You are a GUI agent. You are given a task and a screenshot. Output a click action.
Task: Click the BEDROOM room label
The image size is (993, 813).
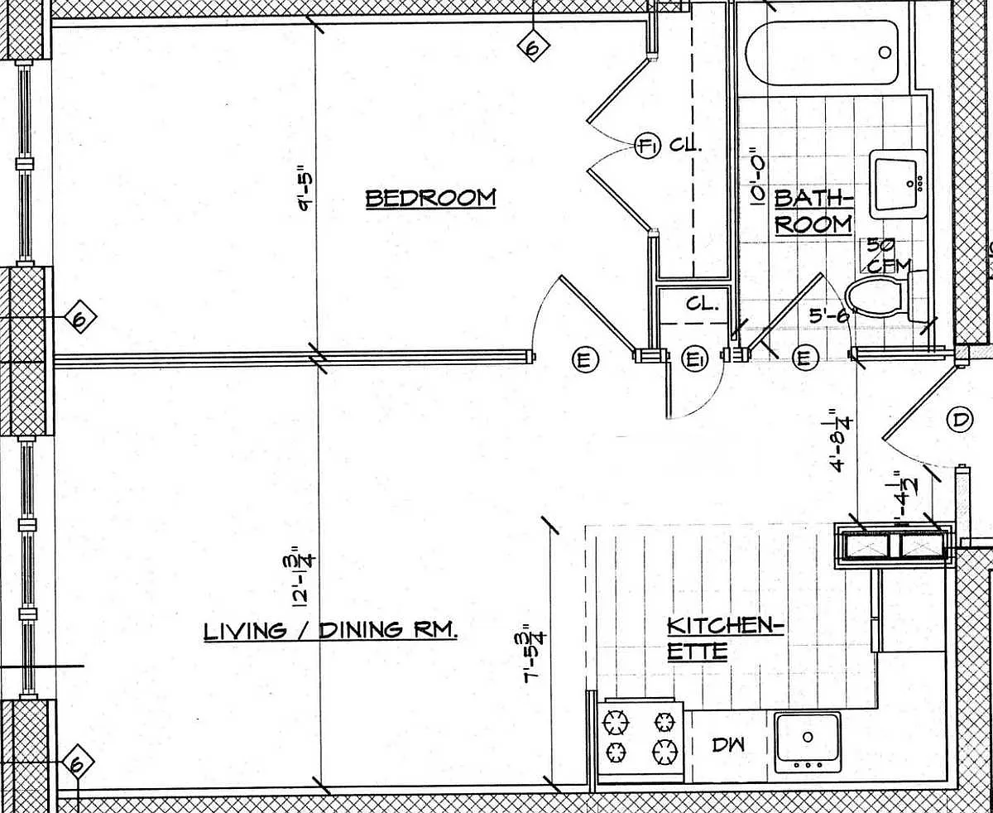click(430, 199)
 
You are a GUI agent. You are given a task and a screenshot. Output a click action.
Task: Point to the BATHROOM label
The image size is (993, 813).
click(813, 211)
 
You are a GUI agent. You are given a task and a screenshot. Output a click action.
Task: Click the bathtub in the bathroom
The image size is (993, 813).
click(821, 52)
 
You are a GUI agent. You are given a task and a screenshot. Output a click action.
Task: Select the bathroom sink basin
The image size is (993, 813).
click(899, 183)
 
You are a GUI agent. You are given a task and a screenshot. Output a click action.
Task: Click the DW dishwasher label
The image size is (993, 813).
click(728, 744)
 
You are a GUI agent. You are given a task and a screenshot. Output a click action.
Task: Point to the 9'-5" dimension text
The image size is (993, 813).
click(306, 190)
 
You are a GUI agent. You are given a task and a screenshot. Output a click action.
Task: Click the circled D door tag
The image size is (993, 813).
click(959, 420)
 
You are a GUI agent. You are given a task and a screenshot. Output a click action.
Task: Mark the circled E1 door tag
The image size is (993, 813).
click(694, 358)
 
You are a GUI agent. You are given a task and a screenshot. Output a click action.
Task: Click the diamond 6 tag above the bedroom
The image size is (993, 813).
click(532, 47)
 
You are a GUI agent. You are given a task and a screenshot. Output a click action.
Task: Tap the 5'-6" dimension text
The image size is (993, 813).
click(827, 314)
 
